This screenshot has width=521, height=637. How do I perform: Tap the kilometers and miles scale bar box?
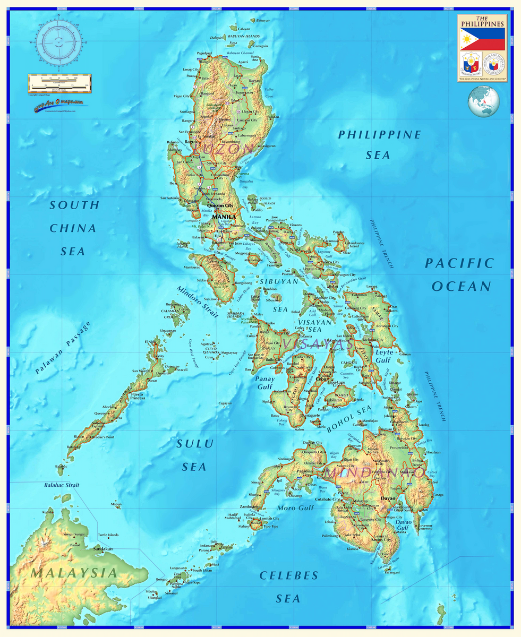coord(59,83)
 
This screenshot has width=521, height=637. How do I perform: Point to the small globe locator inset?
coord(483,102)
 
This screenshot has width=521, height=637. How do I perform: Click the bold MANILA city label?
coord(224,217)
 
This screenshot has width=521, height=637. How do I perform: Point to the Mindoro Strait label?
coord(198,302)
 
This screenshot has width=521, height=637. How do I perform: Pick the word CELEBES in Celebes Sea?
coord(288,575)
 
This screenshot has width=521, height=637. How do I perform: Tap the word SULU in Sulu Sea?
coord(195,444)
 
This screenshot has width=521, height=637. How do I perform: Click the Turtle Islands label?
coord(108,535)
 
